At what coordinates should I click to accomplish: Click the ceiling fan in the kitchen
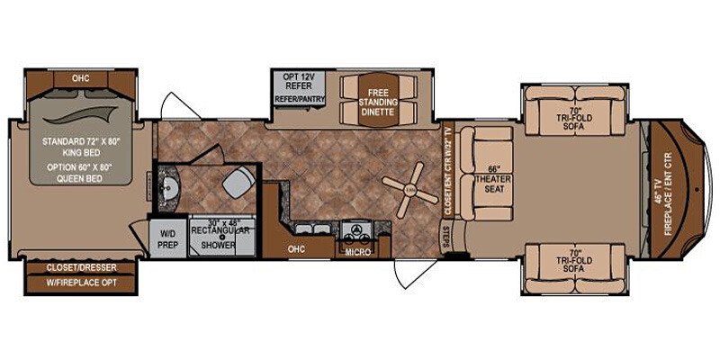[x=409, y=188]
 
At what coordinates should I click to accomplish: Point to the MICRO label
[x=357, y=253]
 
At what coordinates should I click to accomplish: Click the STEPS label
[x=446, y=236]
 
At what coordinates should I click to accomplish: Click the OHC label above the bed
[x=81, y=78]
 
